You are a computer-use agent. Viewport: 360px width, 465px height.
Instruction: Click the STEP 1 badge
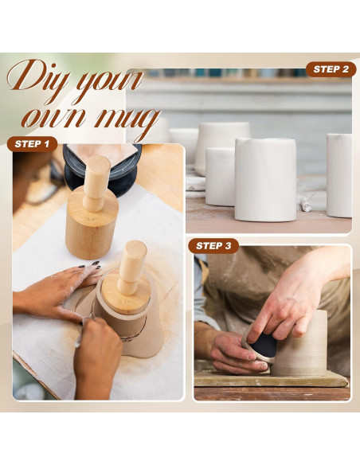pos(32,144)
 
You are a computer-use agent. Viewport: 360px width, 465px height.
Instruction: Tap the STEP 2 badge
pos(331,69)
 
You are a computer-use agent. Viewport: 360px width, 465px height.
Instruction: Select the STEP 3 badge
pos(213,246)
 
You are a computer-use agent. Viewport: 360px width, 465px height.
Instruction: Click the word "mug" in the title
pos(128,121)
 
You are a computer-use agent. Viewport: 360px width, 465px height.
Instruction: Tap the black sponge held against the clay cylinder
pos(264,346)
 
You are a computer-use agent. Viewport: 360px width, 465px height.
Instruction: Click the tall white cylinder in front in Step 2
pos(266,180)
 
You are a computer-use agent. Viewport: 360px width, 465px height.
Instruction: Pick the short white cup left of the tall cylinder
pos(220,177)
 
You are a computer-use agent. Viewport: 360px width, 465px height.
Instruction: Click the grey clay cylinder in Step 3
pos(299,343)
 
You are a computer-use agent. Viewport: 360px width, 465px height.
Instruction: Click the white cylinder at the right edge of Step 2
pos(339,175)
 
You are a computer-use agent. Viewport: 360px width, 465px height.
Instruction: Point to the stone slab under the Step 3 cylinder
pos(271,379)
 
